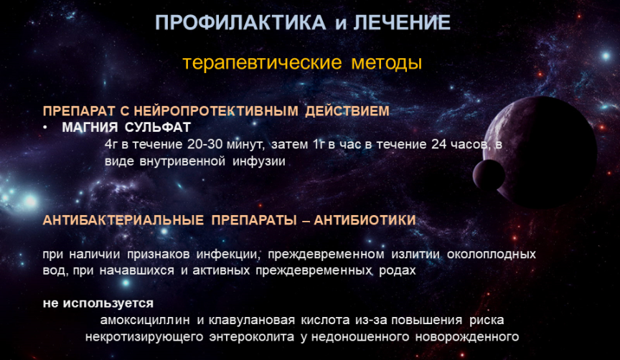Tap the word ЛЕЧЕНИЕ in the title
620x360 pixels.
click(402, 22)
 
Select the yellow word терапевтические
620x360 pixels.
click(262, 63)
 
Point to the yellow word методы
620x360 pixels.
click(387, 63)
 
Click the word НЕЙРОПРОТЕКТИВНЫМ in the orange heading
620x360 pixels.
click(216, 111)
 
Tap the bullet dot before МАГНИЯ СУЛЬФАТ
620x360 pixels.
click(45, 128)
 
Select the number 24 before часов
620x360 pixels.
click(439, 144)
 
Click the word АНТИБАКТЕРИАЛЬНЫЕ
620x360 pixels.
click(123, 220)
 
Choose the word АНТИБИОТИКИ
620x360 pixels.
click(365, 220)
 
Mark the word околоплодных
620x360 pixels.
click(492, 254)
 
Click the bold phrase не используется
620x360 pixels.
click(98, 303)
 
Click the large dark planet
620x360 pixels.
click(542, 152)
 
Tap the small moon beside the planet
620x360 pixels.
click(489, 176)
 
